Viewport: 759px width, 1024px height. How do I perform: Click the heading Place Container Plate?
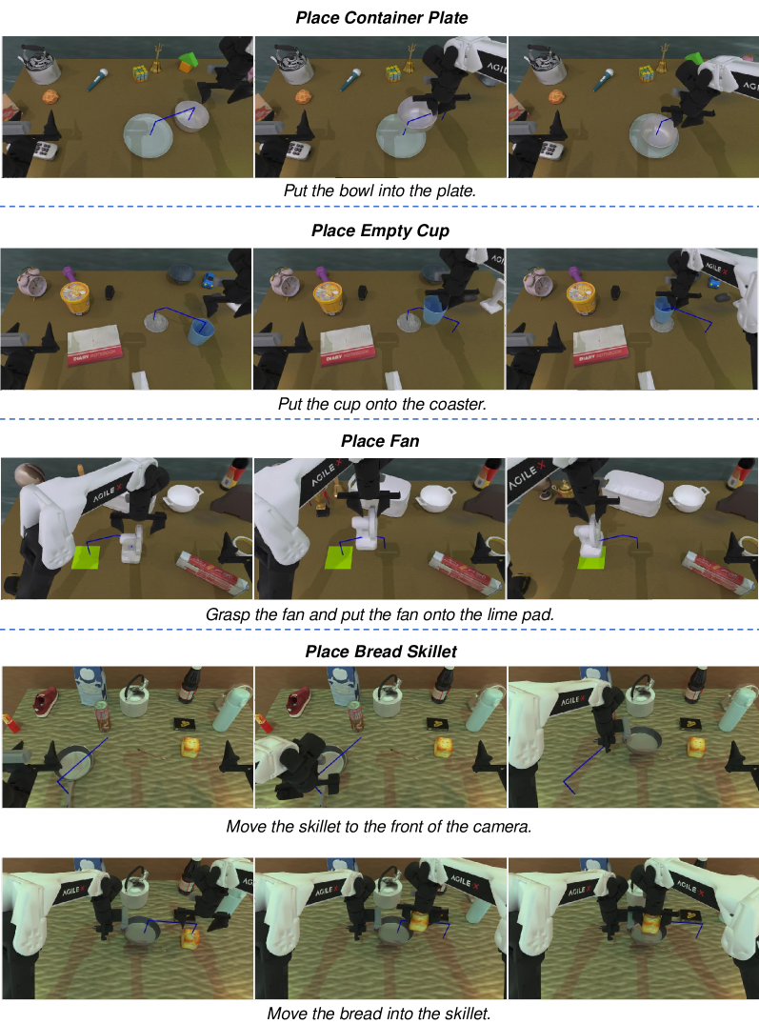pyautogui.click(x=381, y=18)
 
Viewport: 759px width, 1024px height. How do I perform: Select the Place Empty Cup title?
pyautogui.click(x=380, y=231)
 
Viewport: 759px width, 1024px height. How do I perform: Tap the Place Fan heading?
pyautogui.click(x=380, y=441)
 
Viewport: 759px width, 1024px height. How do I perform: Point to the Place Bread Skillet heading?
pyautogui.click(x=381, y=652)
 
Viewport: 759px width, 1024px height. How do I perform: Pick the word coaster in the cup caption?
pyautogui.click(x=461, y=404)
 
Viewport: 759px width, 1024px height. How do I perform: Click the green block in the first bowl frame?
pyautogui.click(x=190, y=61)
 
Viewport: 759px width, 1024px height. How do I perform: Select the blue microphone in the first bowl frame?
pyautogui.click(x=97, y=80)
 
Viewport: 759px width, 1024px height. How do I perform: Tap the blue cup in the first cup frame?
pyautogui.click(x=201, y=332)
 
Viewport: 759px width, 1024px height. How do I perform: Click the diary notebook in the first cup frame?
pyautogui.click(x=95, y=344)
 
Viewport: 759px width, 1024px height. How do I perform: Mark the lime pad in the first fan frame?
pyautogui.click(x=86, y=557)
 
